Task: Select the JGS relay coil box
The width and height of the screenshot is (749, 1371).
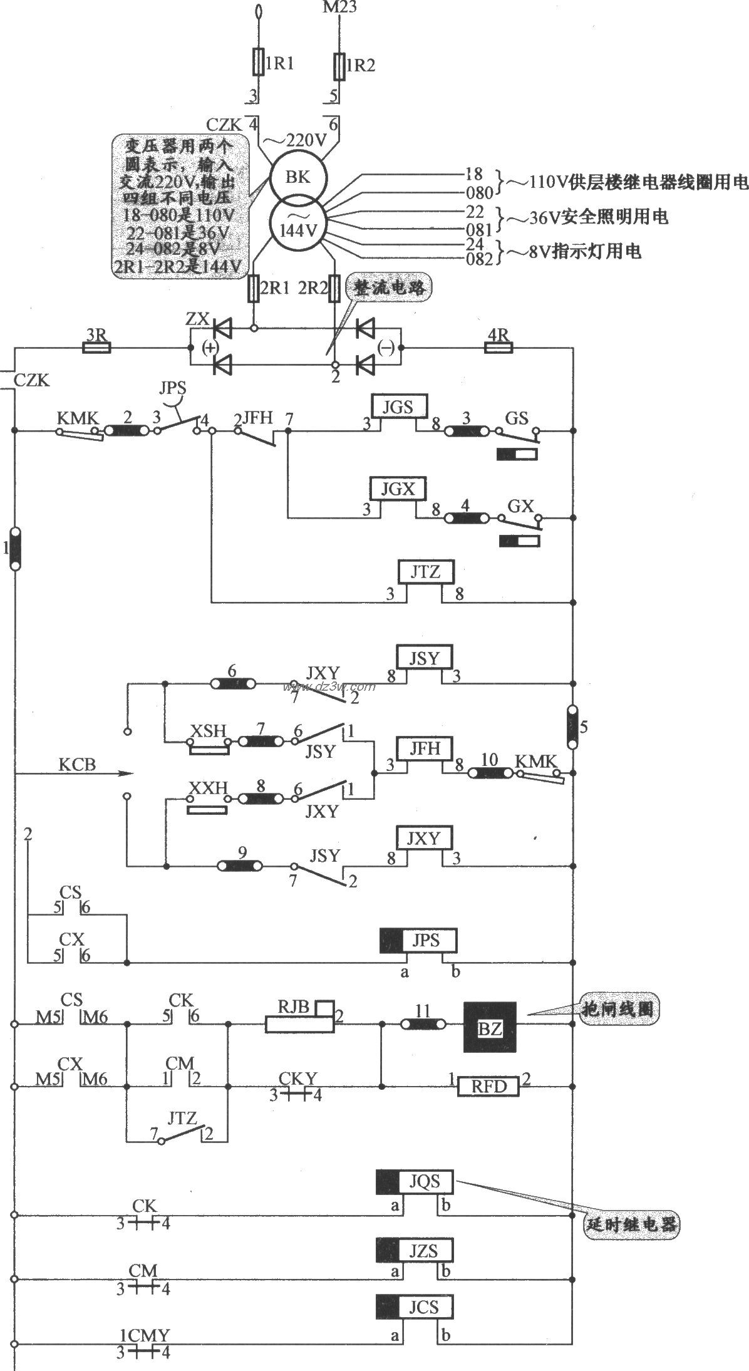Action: (398, 406)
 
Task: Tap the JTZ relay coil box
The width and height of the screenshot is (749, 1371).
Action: (426, 571)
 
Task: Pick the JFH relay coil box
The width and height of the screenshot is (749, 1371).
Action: (425, 748)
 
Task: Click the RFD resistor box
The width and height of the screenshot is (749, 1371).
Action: (488, 1086)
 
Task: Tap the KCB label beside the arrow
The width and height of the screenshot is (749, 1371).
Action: (77, 765)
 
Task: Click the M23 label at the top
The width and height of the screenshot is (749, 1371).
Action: (339, 8)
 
